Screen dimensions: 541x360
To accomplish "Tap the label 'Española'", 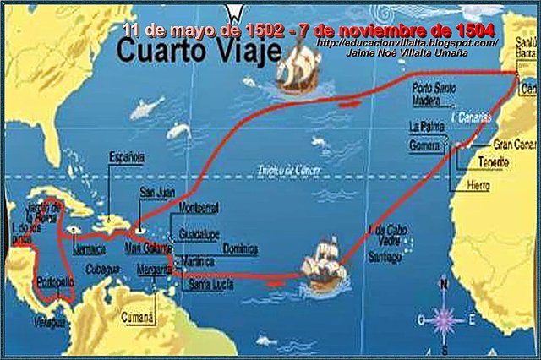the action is point(126,157).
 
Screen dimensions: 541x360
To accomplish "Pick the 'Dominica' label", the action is point(241,249).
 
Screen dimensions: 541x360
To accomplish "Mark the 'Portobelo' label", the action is point(53,284).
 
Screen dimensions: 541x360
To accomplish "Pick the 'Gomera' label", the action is point(424,145).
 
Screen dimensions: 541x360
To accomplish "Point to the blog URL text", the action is point(407,42).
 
